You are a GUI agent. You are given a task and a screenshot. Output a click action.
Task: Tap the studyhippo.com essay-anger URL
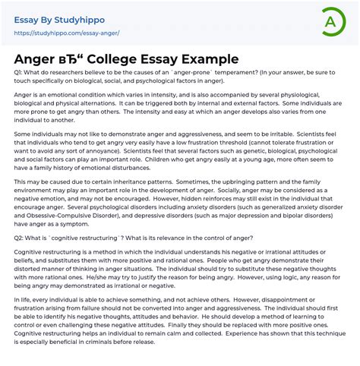point(67,33)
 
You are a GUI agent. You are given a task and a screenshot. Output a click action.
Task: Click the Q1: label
point(21,72)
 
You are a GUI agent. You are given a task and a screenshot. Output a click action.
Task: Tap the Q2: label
point(21,238)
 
